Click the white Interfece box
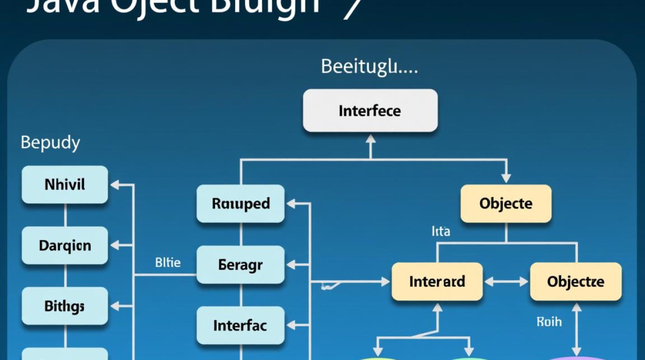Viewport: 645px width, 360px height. [370, 111]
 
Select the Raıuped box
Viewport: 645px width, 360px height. [240, 204]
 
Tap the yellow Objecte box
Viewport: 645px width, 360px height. [506, 204]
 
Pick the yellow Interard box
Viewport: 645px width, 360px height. [437, 281]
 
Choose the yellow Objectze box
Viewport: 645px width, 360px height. [575, 281]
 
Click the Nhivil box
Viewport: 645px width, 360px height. [65, 184]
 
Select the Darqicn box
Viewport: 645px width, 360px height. [65, 245]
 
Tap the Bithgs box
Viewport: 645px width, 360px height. [65, 306]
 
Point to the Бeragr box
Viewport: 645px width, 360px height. [240, 264]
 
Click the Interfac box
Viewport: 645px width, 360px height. [240, 325]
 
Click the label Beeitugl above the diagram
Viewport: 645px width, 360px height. [369, 67]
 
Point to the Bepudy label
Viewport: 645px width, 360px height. [50, 143]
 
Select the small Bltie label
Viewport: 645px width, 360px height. [168, 263]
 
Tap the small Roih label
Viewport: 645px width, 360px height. [549, 322]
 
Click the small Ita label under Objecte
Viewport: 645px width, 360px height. [441, 232]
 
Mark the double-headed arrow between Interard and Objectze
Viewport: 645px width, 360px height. [506, 282]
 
